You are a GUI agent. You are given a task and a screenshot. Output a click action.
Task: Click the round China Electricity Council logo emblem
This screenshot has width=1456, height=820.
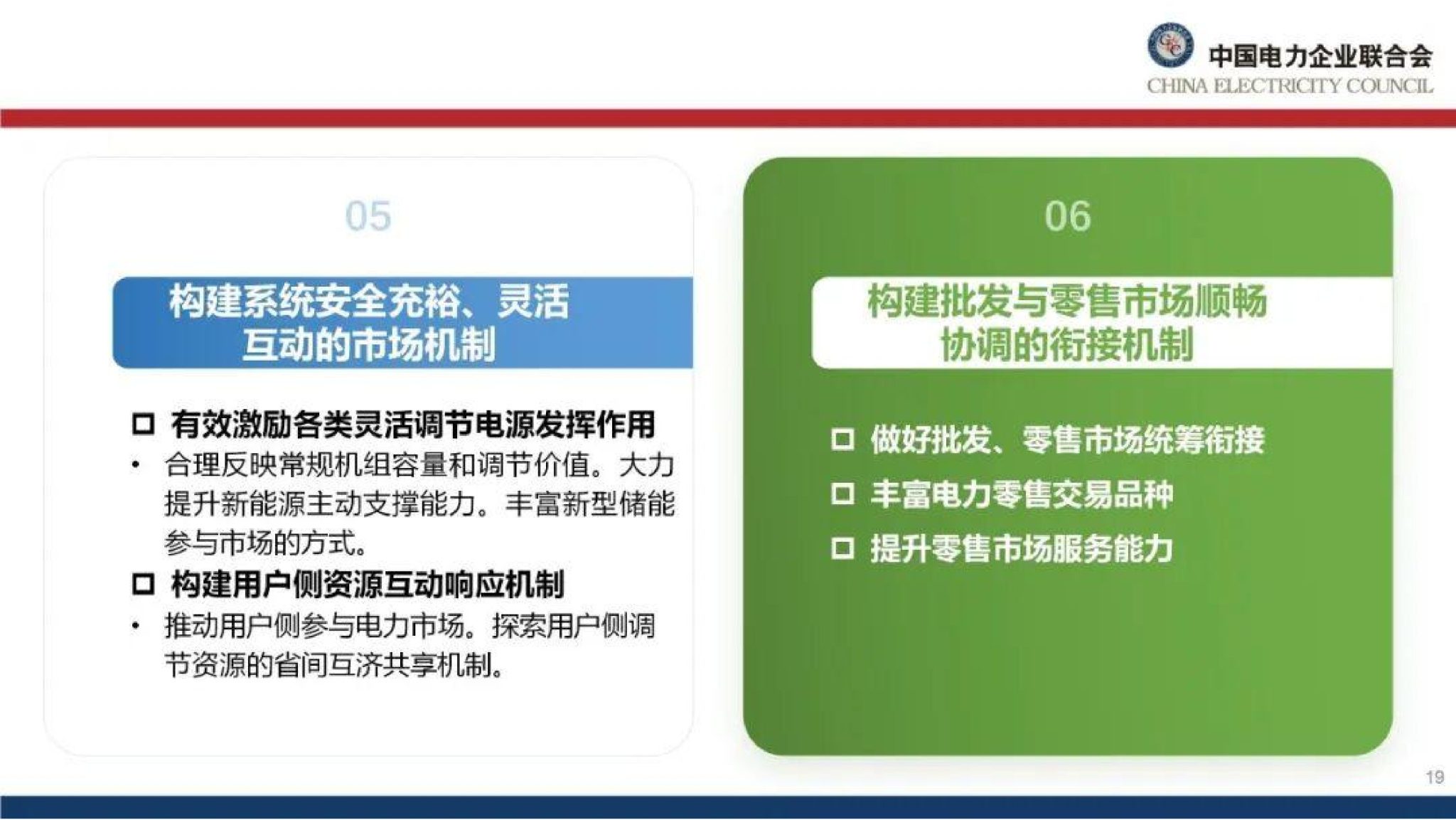pos(1169,46)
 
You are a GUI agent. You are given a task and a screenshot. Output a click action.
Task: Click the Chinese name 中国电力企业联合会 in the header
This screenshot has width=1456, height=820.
pos(1320,55)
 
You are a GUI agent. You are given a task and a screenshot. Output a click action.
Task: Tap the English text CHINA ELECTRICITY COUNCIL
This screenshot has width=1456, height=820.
pos(1290,87)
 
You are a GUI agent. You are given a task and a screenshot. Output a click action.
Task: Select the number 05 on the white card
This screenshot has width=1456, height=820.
pos(368,216)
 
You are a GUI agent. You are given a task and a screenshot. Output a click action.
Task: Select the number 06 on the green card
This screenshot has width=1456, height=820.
pos(1067,216)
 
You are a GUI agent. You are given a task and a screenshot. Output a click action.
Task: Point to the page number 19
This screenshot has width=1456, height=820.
pos(1435,777)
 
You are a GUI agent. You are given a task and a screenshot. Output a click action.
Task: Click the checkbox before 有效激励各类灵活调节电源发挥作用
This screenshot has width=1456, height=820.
pos(143,425)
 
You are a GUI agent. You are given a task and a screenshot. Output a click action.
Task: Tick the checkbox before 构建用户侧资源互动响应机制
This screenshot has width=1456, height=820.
pos(143,585)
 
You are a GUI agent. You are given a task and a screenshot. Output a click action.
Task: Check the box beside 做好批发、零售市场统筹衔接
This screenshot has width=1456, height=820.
pos(842,440)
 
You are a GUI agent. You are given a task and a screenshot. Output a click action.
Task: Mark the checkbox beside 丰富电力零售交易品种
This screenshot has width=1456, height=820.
pos(842,494)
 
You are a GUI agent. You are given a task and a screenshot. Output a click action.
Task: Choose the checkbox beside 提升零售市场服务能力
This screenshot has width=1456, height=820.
pos(842,548)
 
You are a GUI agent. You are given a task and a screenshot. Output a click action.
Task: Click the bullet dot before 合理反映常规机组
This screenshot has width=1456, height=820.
pos(135,466)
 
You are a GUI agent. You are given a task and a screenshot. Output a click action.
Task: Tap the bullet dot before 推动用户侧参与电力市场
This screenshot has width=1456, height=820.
pos(135,627)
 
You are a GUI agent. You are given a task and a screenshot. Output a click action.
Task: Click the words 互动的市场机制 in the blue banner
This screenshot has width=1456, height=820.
pos(368,345)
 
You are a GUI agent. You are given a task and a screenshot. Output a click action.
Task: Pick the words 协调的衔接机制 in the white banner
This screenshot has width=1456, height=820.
pos(1067,345)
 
